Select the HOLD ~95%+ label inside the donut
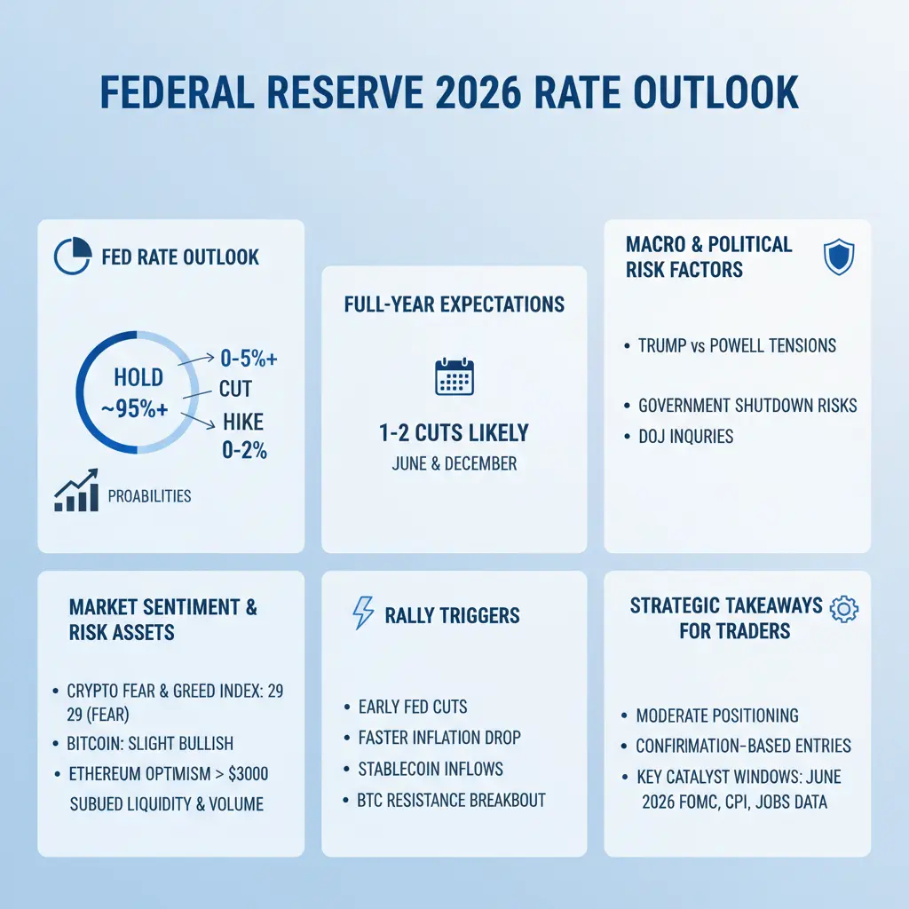click(x=138, y=391)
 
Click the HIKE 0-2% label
click(x=244, y=435)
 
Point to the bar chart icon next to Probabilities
click(x=76, y=494)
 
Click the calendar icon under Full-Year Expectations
click(x=454, y=377)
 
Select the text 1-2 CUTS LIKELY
click(x=453, y=433)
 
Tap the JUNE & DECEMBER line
click(x=454, y=463)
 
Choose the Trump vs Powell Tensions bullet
click(x=737, y=345)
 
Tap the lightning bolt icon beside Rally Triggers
click(x=364, y=614)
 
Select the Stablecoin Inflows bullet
click(x=430, y=768)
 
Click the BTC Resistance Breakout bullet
click(x=451, y=799)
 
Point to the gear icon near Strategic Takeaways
click(x=842, y=608)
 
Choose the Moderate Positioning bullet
click(x=717, y=715)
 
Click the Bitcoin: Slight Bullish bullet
click(x=149, y=743)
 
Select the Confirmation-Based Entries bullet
click(x=743, y=746)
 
